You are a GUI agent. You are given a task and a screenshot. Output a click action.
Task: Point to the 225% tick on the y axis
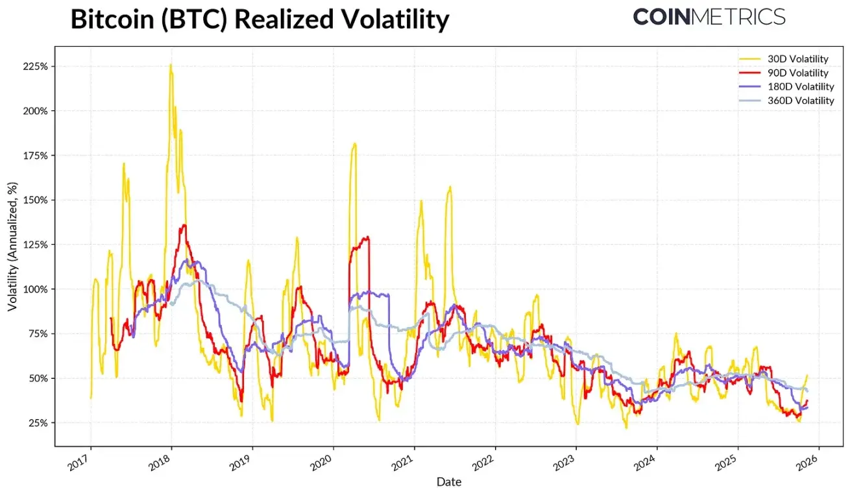pyautogui.click(x=34, y=67)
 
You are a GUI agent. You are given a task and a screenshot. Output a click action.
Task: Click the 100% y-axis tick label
pyautogui.click(x=34, y=289)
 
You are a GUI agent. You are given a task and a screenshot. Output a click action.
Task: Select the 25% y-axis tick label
pyautogui.click(x=36, y=423)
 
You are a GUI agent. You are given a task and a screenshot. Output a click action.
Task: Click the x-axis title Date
pyautogui.click(x=448, y=482)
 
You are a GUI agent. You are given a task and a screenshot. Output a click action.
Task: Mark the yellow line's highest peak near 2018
pyautogui.click(x=171, y=65)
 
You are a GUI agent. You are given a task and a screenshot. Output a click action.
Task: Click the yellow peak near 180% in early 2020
pyautogui.click(x=354, y=144)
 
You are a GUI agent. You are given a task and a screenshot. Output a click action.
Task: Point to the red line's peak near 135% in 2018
pyautogui.click(x=184, y=226)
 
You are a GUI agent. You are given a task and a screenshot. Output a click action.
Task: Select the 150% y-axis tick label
pyautogui.click(x=34, y=200)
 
